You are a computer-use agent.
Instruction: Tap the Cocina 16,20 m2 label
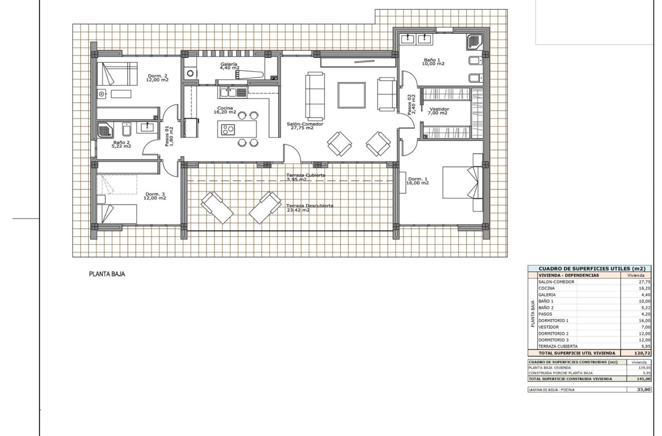pos(225,110)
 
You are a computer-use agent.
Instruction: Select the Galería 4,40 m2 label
pos(229,66)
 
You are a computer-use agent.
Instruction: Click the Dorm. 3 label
pos(155,196)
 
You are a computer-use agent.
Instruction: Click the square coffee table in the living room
pos(352,95)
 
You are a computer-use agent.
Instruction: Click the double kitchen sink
pos(229,92)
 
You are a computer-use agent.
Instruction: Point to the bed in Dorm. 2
pos(118,74)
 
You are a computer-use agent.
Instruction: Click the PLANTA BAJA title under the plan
pos(107,274)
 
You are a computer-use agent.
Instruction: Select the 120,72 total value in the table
pos(641,353)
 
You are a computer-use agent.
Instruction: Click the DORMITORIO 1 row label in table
pos(554,320)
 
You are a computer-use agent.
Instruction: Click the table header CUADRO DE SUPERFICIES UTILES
pos(590,268)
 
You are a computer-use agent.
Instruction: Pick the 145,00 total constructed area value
pos(641,379)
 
